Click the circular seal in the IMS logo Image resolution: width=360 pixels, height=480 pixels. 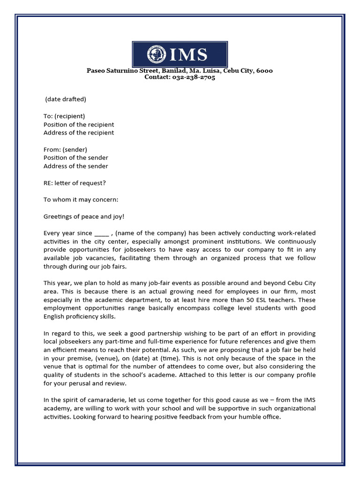click(156, 54)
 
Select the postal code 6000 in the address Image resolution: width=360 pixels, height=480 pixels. click(264, 71)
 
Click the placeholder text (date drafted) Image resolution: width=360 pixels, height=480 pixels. click(66, 99)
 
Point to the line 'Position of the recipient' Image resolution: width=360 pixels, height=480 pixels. click(79, 125)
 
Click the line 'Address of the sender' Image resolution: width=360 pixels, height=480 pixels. click(75, 166)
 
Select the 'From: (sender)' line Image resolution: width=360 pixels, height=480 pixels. click(65, 150)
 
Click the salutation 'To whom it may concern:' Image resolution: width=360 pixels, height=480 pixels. click(81, 200)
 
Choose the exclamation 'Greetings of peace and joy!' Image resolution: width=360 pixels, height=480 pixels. click(84, 217)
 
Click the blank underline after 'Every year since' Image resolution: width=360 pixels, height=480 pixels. click(101, 233)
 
